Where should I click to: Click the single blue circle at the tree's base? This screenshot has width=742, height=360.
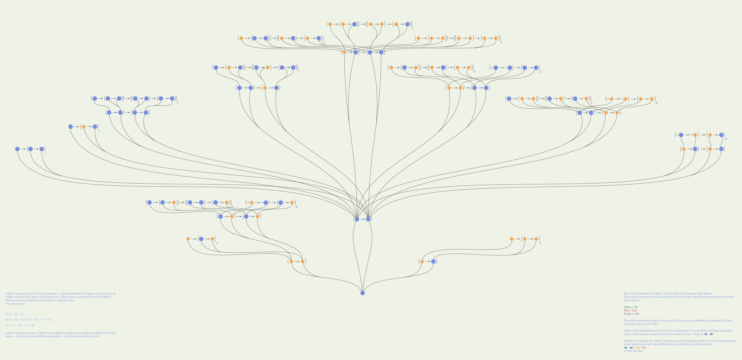click(x=362, y=293)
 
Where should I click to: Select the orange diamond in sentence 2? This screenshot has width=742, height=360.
click(x=84, y=127)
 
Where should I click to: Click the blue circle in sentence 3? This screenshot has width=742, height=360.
click(x=201, y=239)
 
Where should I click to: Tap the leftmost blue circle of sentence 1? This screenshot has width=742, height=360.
click(x=17, y=149)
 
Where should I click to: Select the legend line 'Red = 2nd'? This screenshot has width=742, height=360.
click(x=630, y=310)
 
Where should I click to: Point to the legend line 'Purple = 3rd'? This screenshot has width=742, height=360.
click(x=631, y=314)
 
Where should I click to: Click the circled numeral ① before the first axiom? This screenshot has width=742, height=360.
click(x=7, y=314)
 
